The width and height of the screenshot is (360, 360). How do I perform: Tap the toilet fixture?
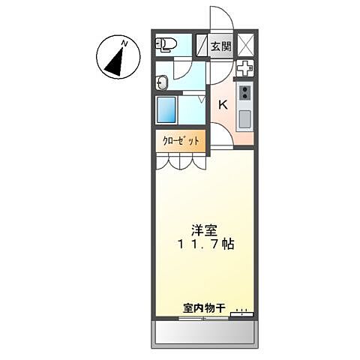coord(166,45)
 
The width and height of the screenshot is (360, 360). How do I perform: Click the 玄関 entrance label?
coord(220,46)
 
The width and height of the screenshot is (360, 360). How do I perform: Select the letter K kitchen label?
coord(223,105)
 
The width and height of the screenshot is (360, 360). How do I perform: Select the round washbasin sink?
coord(163,80)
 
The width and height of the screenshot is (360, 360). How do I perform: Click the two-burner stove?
coord(245,92)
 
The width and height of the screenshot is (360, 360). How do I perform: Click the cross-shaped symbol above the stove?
coord(244,68)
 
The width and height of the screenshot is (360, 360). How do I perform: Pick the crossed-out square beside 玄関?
coord(244,45)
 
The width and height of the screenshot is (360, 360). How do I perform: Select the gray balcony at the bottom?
coord(205,333)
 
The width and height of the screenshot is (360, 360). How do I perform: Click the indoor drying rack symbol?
coord(241,313)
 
